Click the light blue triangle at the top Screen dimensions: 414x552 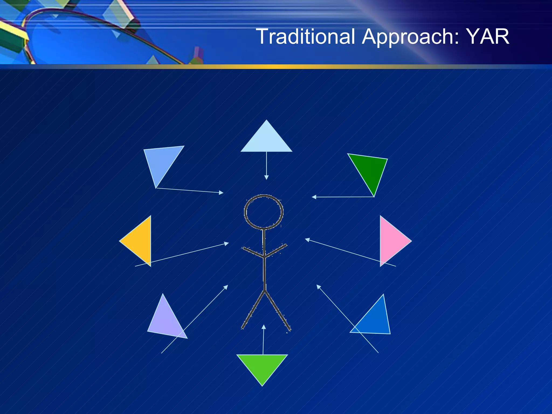(x=266, y=140)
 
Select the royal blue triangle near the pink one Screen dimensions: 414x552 (x=376, y=321)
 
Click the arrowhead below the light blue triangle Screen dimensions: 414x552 (x=266, y=177)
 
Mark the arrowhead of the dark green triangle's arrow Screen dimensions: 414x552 (x=314, y=197)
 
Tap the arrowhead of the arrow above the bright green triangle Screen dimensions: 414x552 (x=264, y=327)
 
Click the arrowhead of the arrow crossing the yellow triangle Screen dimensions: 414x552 (x=226, y=244)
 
